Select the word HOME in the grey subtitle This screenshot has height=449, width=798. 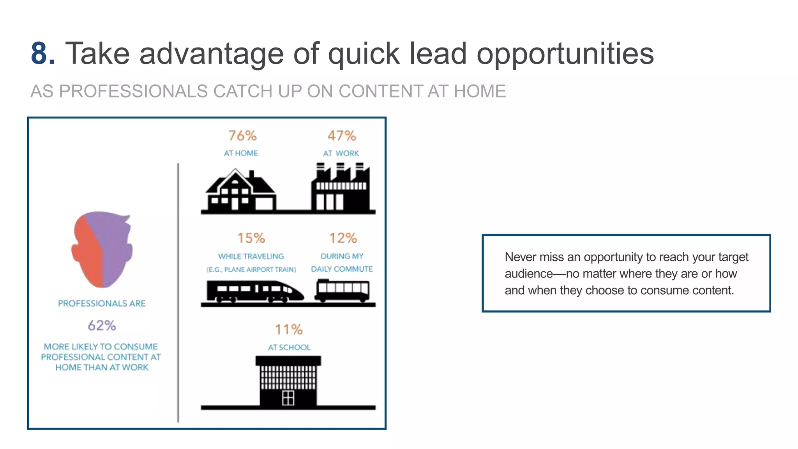[x=480, y=91]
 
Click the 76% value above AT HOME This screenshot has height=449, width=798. [x=242, y=136]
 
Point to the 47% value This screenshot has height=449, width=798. [x=342, y=136]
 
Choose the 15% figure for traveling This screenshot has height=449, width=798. [x=251, y=238]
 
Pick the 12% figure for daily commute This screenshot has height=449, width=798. [x=343, y=238]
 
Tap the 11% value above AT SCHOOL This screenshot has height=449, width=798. [x=289, y=329]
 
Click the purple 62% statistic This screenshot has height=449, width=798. [x=102, y=325]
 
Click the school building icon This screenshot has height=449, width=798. [x=288, y=380]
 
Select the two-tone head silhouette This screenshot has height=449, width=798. [x=102, y=249]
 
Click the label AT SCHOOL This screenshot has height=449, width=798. [x=289, y=347]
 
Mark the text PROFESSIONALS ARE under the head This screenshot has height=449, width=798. [x=102, y=303]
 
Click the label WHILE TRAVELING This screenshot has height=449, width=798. [x=251, y=256]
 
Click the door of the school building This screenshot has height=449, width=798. [x=288, y=398]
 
